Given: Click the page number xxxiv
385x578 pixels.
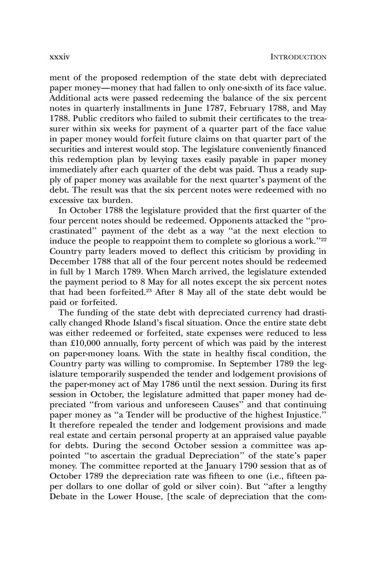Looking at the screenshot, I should coord(59,57).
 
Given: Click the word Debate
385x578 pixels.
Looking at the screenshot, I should coord(63,497).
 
